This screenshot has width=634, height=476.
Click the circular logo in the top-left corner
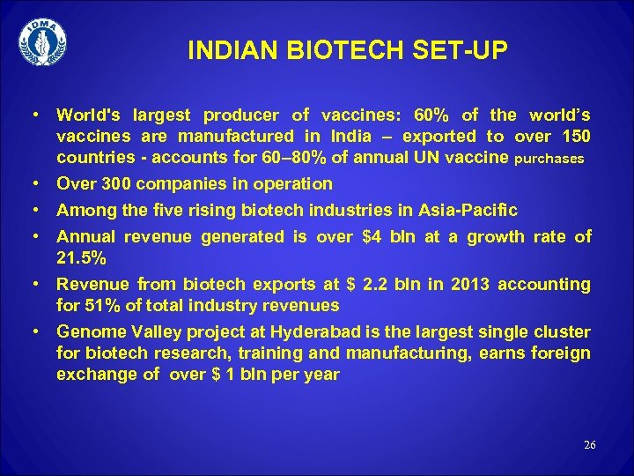pyautogui.click(x=42, y=41)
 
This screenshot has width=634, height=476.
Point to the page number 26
pyautogui.click(x=589, y=445)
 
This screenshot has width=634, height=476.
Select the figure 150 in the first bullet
pyautogui.click(x=574, y=136)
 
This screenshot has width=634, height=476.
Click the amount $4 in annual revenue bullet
pyautogui.click(x=371, y=236)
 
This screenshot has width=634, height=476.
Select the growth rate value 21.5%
pyautogui.click(x=81, y=258)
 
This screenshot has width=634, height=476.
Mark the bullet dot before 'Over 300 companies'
pyautogui.click(x=34, y=183)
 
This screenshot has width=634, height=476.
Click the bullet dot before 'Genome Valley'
pyautogui.click(x=34, y=331)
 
